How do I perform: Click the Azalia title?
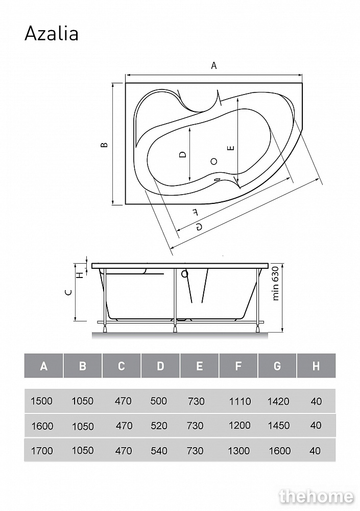pyautogui.click(x=52, y=34)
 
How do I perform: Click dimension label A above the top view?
pyautogui.click(x=214, y=66)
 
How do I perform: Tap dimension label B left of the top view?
pyautogui.click(x=104, y=145)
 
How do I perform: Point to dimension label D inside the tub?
pyautogui.click(x=183, y=154)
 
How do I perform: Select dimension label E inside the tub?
pyautogui.click(x=231, y=148)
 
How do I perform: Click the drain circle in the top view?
pyautogui.click(x=214, y=161)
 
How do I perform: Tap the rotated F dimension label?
pyautogui.click(x=195, y=213)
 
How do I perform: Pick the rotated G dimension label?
pyautogui.click(x=199, y=227)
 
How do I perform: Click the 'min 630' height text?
pyautogui.click(x=276, y=283)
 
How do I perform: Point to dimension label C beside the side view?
pyautogui.click(x=68, y=292)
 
